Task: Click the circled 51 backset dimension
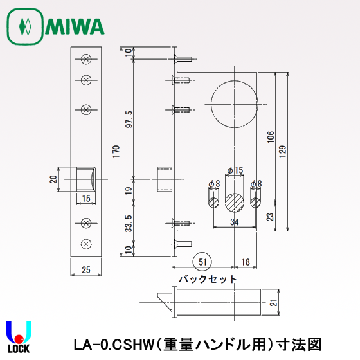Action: pos(203,261)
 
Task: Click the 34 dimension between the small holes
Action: pos(235,222)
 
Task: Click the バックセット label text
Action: pos(208,279)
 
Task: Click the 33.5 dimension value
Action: pos(129,222)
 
